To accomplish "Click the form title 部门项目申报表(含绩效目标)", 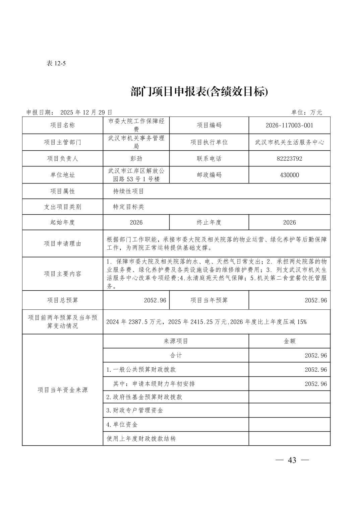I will tap(199, 91).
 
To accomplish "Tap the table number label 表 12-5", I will tap(56, 64).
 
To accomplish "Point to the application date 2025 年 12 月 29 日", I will tap(86, 113).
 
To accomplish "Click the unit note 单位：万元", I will tap(306, 113).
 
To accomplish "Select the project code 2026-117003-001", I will tap(289, 126).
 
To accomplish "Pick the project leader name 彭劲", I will tap(136, 159).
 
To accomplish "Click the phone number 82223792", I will tap(289, 159).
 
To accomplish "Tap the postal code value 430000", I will tap(289, 175).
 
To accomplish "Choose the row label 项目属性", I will tap(62, 191).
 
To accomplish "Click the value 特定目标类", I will tap(129, 207).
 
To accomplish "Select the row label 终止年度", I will tap(209, 223).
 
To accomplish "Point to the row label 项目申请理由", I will tap(62, 244).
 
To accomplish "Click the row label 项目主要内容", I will tap(62, 274).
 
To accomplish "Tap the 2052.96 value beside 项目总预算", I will tap(155, 300).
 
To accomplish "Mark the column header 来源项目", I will tap(176, 341).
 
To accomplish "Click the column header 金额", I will tap(289, 341).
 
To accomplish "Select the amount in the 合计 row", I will tap(315, 356).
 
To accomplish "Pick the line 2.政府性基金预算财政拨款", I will tap(144, 397).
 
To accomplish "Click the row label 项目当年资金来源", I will tap(62, 390).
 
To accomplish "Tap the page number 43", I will tap(292, 460).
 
